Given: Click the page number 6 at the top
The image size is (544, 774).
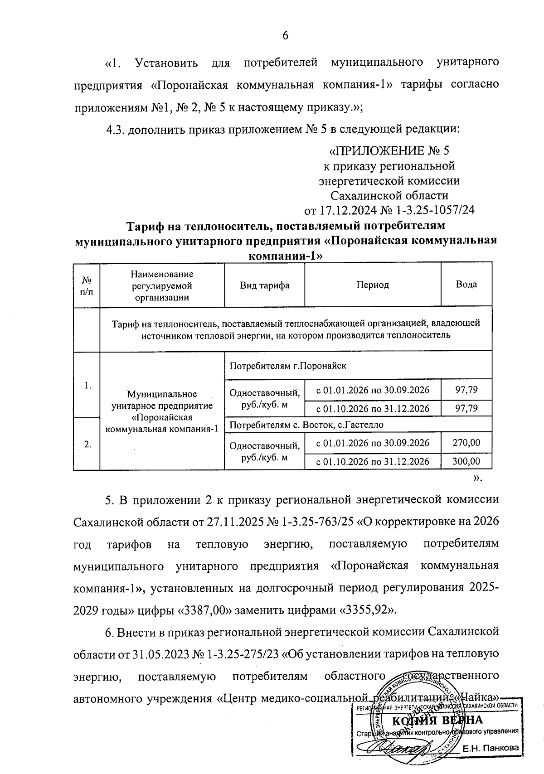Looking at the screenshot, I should [x=286, y=36].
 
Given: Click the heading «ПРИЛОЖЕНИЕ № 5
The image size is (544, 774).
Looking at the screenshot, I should [x=389, y=151].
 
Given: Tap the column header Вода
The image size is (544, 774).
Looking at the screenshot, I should [x=466, y=285].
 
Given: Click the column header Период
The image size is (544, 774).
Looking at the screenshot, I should [x=372, y=285].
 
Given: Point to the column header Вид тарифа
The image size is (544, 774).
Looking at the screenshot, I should [x=264, y=285].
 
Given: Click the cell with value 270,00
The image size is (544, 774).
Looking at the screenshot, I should [x=466, y=442].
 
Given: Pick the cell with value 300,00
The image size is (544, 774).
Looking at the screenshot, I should [x=466, y=461].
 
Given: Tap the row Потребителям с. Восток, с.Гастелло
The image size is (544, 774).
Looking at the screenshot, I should [x=306, y=425].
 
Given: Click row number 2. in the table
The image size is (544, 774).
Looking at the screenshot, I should [x=87, y=444].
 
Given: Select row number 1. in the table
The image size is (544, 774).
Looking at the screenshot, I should [x=87, y=386].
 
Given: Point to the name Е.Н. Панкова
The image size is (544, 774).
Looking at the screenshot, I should [x=491, y=749].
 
